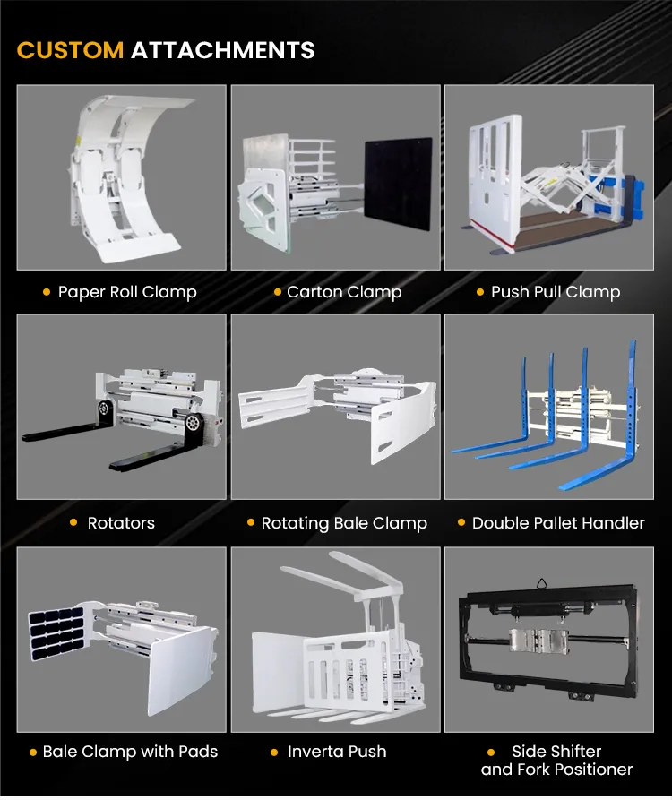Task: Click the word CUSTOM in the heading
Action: click(70, 50)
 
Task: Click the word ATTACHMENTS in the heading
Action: click(223, 50)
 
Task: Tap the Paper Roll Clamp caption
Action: click(127, 292)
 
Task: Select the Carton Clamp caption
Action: click(344, 292)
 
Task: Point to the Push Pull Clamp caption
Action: click(556, 292)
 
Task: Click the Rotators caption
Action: click(121, 523)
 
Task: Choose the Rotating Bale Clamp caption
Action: click(344, 523)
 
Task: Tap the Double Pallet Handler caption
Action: click(558, 523)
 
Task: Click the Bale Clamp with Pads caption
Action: click(130, 752)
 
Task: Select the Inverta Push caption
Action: click(337, 752)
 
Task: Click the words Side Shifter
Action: click(556, 752)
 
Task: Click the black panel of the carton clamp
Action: click(399, 183)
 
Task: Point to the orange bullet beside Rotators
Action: click(73, 522)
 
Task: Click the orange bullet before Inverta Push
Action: click(274, 752)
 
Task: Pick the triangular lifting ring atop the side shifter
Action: click(541, 584)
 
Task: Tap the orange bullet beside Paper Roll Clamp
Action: click(47, 292)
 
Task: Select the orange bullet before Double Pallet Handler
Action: click(461, 522)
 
